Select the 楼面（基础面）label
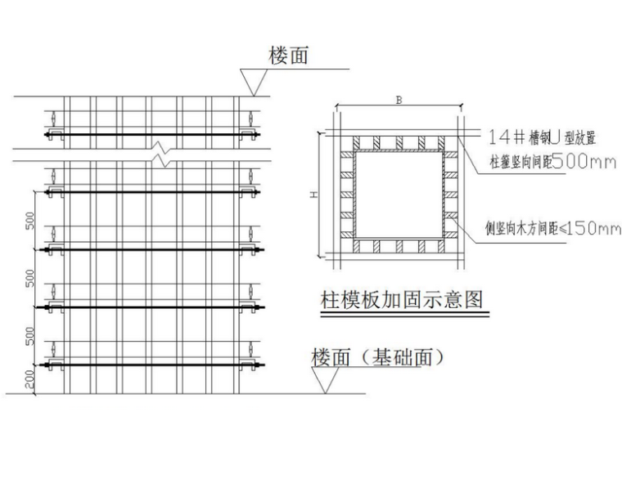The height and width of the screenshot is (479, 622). coord(377,357)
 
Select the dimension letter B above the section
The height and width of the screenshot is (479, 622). coord(398,101)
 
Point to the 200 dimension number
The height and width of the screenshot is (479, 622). coord(30,377)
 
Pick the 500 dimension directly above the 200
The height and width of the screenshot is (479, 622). coord(30,335)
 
